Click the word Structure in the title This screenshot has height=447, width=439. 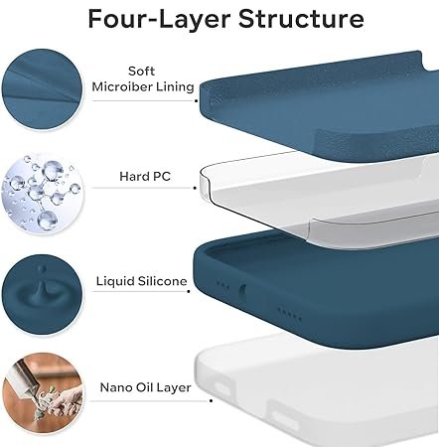[301, 19]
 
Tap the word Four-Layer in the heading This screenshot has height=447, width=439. [160, 19]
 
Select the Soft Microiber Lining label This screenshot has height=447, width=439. [143, 78]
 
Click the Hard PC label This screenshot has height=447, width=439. [145, 176]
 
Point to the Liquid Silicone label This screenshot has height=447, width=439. [142, 281]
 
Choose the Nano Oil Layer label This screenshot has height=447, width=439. [145, 387]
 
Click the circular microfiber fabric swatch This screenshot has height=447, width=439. [42, 89]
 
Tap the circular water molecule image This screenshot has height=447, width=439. [43, 194]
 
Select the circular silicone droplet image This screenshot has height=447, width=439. [42, 294]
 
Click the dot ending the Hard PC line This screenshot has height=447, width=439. [195, 188]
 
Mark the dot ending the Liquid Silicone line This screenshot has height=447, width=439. [189, 291]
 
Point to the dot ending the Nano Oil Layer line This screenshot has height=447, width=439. [212, 401]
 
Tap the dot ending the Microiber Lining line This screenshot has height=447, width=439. [196, 100]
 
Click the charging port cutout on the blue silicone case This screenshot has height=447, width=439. [242, 292]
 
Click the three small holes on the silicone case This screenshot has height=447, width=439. [222, 285]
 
